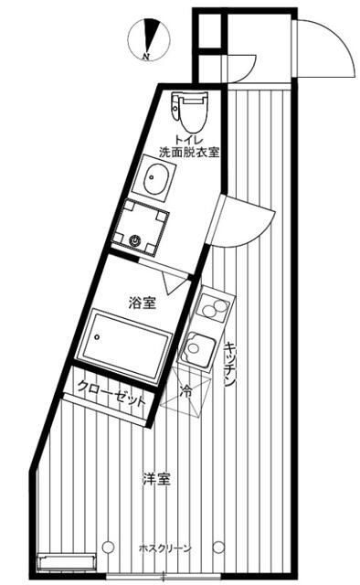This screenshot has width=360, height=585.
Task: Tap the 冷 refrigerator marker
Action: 186,390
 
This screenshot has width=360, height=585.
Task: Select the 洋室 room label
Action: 156,478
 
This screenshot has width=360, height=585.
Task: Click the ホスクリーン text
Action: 164,548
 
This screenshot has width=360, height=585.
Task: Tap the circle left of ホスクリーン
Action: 109,547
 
